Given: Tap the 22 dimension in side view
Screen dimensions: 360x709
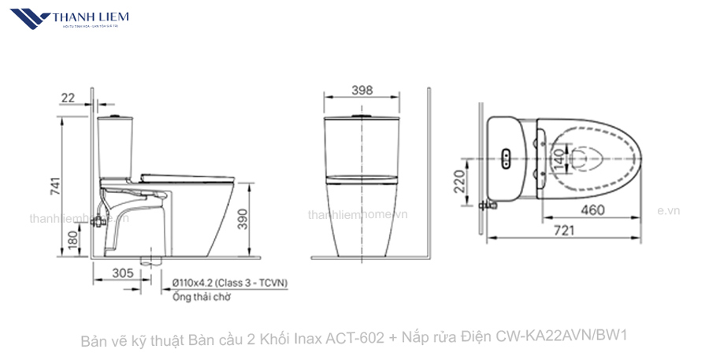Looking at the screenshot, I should (x=68, y=97).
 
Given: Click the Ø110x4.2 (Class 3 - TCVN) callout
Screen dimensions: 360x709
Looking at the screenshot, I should (x=231, y=282).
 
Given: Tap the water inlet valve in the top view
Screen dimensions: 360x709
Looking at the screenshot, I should (x=492, y=203).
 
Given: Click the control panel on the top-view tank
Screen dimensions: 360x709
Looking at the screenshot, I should (x=506, y=157).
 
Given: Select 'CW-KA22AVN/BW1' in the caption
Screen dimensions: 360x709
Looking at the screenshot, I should (x=561, y=338).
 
